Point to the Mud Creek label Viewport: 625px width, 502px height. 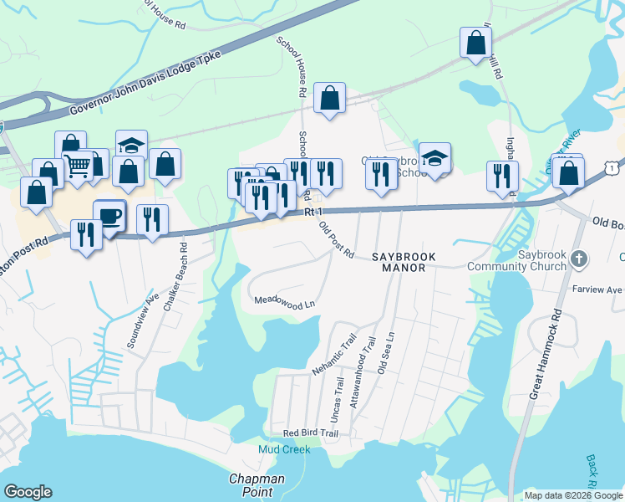click(284, 449)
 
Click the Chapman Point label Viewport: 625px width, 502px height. click(257, 485)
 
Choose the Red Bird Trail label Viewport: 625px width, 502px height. click(310, 433)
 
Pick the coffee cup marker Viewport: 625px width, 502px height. click(109, 216)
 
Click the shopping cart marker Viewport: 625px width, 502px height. click(78, 166)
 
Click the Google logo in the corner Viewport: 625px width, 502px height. click(28, 492)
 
